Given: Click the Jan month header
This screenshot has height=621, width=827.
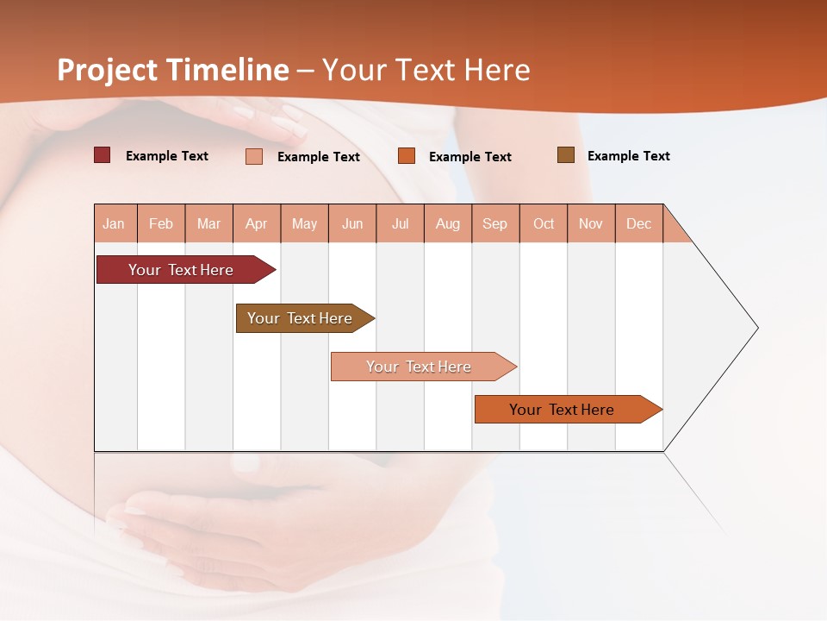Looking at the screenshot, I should coord(115,223).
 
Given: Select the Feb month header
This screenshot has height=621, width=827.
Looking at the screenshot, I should coord(161,223).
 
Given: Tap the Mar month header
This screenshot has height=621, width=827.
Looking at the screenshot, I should coord(208,223).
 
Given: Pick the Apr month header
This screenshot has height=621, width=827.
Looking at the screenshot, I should coord(257,223).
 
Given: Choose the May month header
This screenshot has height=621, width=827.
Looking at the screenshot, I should coord(304,223).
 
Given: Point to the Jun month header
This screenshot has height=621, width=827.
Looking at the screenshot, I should coord(352,223).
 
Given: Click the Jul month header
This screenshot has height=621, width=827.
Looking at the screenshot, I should coord(400,223).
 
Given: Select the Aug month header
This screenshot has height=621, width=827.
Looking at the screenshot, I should coord(448,223).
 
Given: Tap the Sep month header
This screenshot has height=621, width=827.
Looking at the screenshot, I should coord(495,223).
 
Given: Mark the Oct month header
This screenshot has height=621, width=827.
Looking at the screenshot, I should coord(544,223).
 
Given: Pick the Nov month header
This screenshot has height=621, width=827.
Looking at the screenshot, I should coord(591,223).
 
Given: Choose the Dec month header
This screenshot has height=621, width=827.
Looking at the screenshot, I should coord(639,223).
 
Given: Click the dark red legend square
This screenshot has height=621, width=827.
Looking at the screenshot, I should coord(103,155).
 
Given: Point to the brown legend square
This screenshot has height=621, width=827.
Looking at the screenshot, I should coord(566,155).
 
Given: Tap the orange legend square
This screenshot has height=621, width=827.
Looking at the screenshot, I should coord(407,156).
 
